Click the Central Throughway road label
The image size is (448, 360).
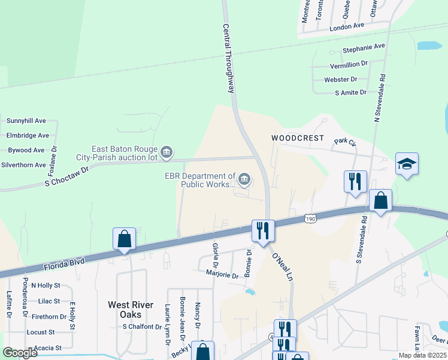click(228, 58)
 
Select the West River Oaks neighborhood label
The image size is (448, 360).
click(125, 310)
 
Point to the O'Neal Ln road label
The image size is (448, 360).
click(282, 267)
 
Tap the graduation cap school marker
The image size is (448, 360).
click(407, 164)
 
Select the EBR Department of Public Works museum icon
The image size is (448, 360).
click(244, 179)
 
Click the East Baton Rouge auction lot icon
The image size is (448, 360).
click(167, 153)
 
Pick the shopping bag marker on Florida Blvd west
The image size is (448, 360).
click(125, 239)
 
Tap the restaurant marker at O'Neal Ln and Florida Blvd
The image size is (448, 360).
click(263, 230)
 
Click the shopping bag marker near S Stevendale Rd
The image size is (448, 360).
click(380, 200)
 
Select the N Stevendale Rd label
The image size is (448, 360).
click(380, 99)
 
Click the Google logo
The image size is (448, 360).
click(20, 353)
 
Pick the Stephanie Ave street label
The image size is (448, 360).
click(364, 46)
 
